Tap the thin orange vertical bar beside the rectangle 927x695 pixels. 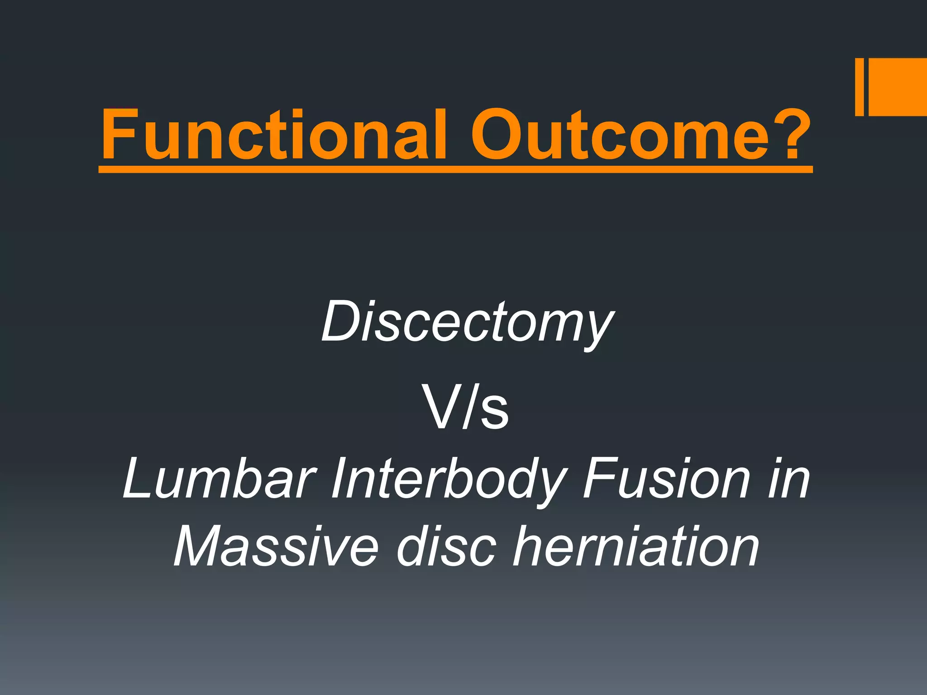click(859, 87)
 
